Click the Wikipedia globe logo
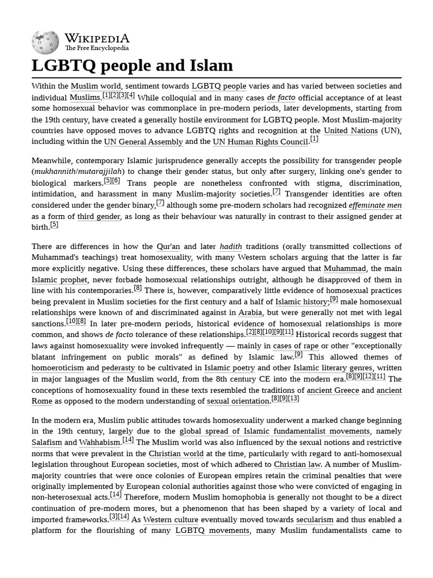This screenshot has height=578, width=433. [x=46, y=42]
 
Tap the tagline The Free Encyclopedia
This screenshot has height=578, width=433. [x=96, y=49]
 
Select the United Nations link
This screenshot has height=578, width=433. [x=351, y=130]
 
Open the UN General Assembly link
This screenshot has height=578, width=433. [x=143, y=142]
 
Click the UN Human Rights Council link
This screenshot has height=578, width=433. [x=260, y=142]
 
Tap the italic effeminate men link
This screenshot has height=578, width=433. [x=375, y=205]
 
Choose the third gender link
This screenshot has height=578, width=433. [x=99, y=217]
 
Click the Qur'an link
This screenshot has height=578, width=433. [x=168, y=247]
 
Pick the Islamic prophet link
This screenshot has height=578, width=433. [x=59, y=280]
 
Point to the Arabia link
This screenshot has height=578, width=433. [x=250, y=313]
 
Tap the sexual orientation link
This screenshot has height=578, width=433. [x=238, y=401]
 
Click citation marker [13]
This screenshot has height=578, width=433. [x=293, y=399]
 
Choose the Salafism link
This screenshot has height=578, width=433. [x=46, y=443]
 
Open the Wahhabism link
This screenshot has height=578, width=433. [x=100, y=443]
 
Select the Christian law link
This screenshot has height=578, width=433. [x=297, y=465]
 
